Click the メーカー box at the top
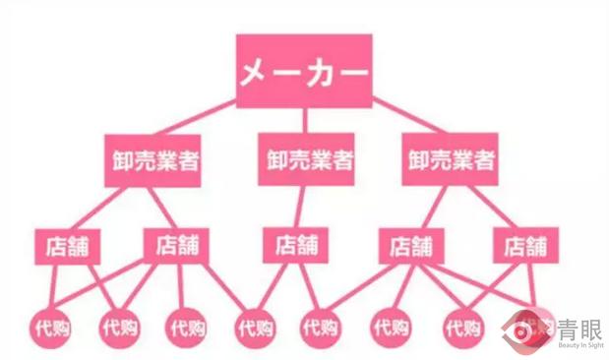pos(304,72)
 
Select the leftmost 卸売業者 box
pos(152,160)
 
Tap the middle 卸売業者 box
pos(306,160)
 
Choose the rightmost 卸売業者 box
pos(450,160)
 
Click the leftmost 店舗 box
pos(66,245)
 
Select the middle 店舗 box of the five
pos(296,245)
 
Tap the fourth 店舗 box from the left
pos(409,245)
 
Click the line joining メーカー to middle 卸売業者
pos(305,121)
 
